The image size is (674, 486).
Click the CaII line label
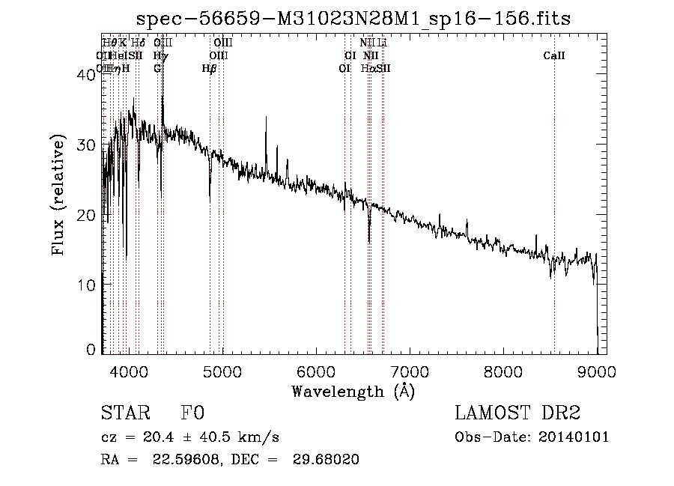[x=554, y=55]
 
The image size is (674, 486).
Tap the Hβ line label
[x=209, y=68]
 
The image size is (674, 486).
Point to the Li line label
[x=382, y=43]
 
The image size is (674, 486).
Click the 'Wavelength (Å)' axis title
[x=353, y=391]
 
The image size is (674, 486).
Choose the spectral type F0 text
[x=192, y=414]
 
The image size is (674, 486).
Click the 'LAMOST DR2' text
[x=517, y=414]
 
